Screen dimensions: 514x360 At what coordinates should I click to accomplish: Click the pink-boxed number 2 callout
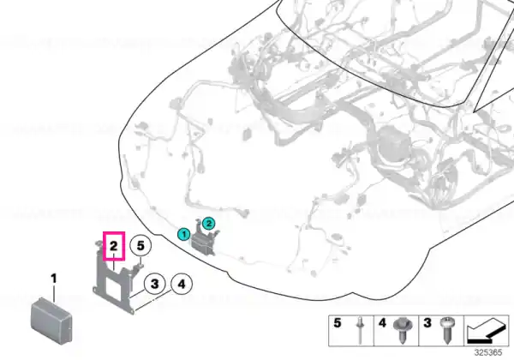(x=114, y=246)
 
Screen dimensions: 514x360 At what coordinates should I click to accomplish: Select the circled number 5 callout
(x=140, y=246)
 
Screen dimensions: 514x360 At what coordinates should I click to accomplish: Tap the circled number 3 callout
(x=155, y=284)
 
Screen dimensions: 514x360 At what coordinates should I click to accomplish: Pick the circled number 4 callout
(x=182, y=284)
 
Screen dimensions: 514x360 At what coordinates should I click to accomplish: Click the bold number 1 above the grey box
(x=54, y=279)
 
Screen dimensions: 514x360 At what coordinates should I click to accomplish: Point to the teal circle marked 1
(x=184, y=234)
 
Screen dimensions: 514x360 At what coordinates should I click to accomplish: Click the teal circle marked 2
(x=208, y=224)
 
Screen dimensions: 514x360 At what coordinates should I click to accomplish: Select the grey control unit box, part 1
(x=51, y=321)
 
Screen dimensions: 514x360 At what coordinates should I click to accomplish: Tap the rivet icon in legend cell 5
(x=360, y=330)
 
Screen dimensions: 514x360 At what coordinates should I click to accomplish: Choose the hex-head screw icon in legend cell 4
(x=403, y=330)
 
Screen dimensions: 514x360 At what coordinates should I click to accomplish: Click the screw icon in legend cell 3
(x=447, y=330)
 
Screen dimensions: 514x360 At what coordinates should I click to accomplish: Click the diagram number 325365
(x=488, y=352)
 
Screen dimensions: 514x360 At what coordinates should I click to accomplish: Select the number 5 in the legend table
(x=338, y=323)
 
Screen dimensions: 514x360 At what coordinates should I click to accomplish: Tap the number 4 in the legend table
(x=382, y=323)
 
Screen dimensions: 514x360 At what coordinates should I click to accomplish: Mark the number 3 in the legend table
(x=427, y=323)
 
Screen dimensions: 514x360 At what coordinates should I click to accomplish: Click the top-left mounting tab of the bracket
(x=98, y=244)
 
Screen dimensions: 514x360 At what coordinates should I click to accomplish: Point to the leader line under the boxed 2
(x=114, y=265)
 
